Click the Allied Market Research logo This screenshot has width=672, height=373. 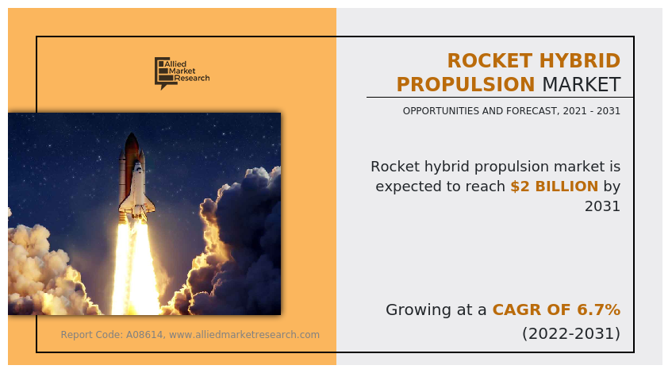point(182,73)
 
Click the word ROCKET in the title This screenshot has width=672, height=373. point(490,61)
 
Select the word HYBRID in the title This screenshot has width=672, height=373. point(580,61)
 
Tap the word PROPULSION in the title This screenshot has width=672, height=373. point(466,84)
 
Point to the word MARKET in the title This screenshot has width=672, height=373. point(582,84)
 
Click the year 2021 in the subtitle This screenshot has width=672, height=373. point(575,111)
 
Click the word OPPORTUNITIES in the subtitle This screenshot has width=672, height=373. point(441,111)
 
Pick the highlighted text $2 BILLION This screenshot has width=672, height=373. point(554,186)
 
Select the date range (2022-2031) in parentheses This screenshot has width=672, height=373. point(571,333)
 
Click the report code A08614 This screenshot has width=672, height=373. point(144,335)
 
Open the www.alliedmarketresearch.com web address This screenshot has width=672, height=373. point(244,335)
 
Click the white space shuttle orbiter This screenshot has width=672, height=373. point(137,189)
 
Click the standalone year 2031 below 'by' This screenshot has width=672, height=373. point(602,206)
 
